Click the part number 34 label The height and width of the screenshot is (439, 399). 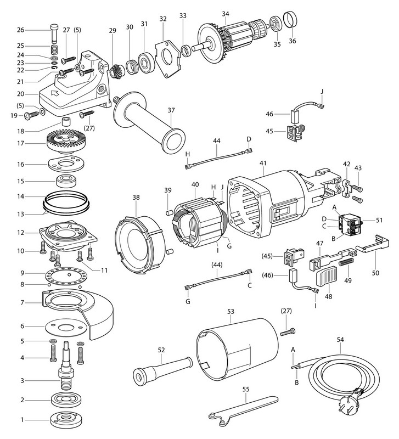point(225,14)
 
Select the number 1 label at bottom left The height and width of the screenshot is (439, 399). point(21,421)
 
